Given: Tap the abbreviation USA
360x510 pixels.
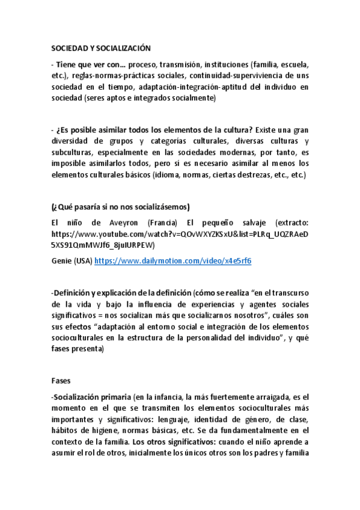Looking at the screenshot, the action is (x=84, y=261).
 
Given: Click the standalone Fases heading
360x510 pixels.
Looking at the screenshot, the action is (x=61, y=380).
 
